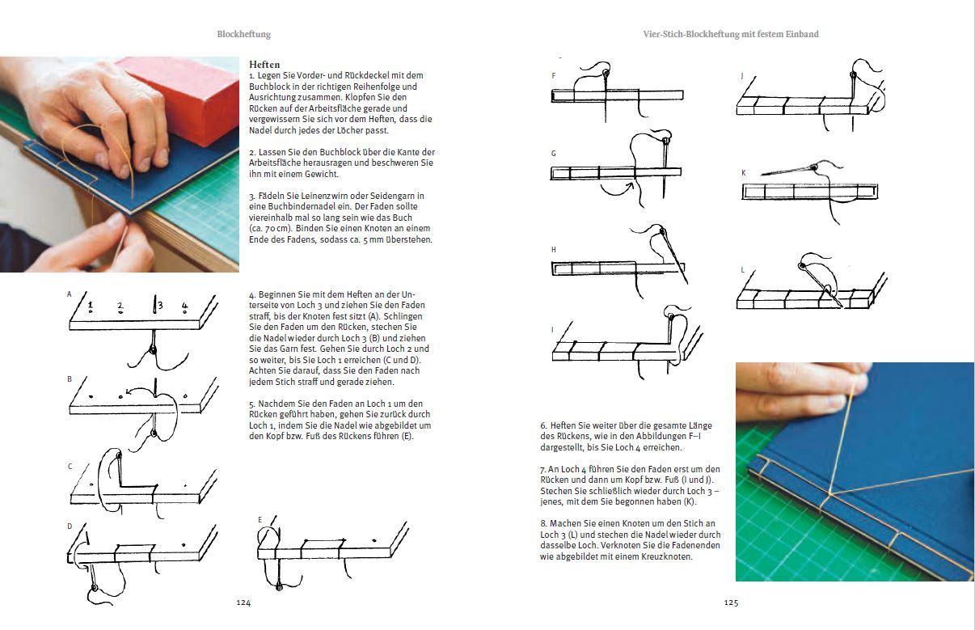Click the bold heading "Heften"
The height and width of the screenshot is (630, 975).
pos(264,65)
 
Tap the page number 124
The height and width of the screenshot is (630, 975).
pos(243,603)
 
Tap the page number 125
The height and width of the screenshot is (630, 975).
pos(731,603)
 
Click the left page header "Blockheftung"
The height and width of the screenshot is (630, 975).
pos(243,35)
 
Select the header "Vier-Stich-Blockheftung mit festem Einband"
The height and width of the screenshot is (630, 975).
pos(730,35)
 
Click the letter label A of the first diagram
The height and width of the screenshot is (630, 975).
pos(70,294)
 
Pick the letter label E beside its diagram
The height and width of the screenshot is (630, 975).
pos(260,519)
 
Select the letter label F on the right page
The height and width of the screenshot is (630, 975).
pos(553,75)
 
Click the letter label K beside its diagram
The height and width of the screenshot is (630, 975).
pos(743,173)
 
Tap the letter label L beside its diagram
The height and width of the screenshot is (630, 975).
pos(742,270)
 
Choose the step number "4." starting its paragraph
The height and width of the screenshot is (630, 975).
pos(252,294)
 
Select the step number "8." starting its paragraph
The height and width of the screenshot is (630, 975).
pos(543,523)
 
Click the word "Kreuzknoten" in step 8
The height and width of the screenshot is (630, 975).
pos(669,556)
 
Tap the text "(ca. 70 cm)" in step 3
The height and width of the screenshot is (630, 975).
pos(270,229)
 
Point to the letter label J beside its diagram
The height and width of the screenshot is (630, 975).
pos(741,75)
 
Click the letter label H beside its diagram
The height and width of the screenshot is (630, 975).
pos(554,250)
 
